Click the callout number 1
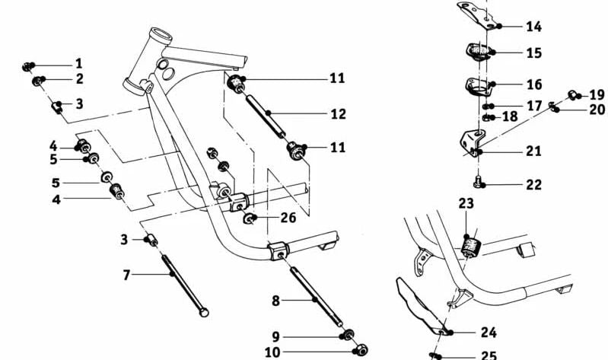(78, 63)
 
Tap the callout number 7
(127, 274)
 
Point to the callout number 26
(288, 218)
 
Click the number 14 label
(533, 27)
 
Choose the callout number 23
(466, 204)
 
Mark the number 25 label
(488, 355)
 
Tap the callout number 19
(598, 95)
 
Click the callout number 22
(533, 185)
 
